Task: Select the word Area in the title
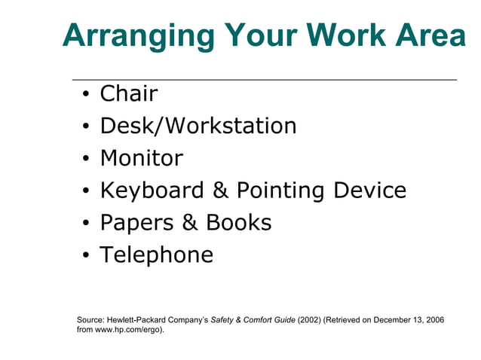(431, 36)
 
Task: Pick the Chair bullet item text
(129, 94)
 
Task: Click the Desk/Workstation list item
(198, 126)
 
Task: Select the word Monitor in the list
(142, 158)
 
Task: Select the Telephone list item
(157, 255)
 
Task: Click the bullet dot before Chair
(87, 95)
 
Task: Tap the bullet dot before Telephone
(87, 256)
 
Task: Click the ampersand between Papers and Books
(189, 223)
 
